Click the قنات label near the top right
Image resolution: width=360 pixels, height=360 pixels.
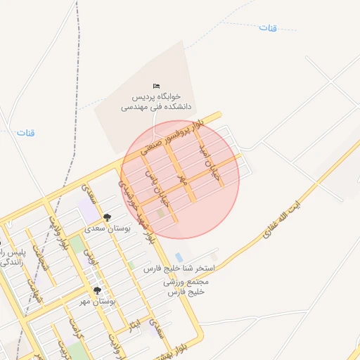click(x=268, y=27)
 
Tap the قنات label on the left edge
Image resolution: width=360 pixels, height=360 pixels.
click(x=26, y=132)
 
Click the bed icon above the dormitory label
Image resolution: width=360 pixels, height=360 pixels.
click(x=156, y=86)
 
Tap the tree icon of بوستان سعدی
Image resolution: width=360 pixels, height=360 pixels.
click(x=107, y=218)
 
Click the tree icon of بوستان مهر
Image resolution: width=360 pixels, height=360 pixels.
click(x=97, y=290)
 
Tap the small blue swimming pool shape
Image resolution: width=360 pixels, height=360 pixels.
click(x=179, y=257)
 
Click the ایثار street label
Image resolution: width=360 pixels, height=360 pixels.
click(x=134, y=324)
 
